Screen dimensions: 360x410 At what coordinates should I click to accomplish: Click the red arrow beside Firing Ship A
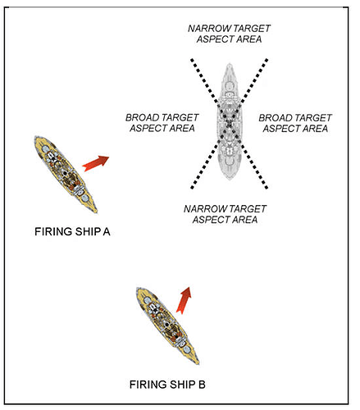coord(96,163)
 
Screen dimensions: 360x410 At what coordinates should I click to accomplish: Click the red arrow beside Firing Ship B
coord(184,300)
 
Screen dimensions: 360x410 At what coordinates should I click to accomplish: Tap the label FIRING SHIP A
coord(72,232)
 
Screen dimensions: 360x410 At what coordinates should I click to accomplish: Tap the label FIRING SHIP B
coord(167,385)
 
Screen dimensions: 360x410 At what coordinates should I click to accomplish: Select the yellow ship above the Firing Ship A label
coord(66,174)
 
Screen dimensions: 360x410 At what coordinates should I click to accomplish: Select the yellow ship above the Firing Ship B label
coord(167,326)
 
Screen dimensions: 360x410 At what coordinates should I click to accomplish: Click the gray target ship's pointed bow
coord(230,65)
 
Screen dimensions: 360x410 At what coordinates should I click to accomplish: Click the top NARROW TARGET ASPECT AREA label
coord(229,34)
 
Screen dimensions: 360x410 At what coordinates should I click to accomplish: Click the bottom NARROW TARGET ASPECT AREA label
coord(225,214)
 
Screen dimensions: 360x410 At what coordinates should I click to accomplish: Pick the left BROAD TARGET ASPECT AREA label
coord(162,123)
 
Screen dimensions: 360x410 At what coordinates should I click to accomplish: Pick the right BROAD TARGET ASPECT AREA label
coord(295,123)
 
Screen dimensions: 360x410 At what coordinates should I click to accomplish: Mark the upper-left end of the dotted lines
coord(192,59)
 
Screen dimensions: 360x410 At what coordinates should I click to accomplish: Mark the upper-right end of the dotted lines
coord(267,59)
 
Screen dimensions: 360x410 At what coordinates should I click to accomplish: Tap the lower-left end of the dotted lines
coord(192,188)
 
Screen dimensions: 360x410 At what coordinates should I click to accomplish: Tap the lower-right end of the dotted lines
coord(267,188)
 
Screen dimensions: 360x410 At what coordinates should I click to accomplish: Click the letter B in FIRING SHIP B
coord(202,385)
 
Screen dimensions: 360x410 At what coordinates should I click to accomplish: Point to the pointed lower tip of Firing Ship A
coord(96,212)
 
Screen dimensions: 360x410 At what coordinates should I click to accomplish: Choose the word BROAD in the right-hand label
coord(273,118)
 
